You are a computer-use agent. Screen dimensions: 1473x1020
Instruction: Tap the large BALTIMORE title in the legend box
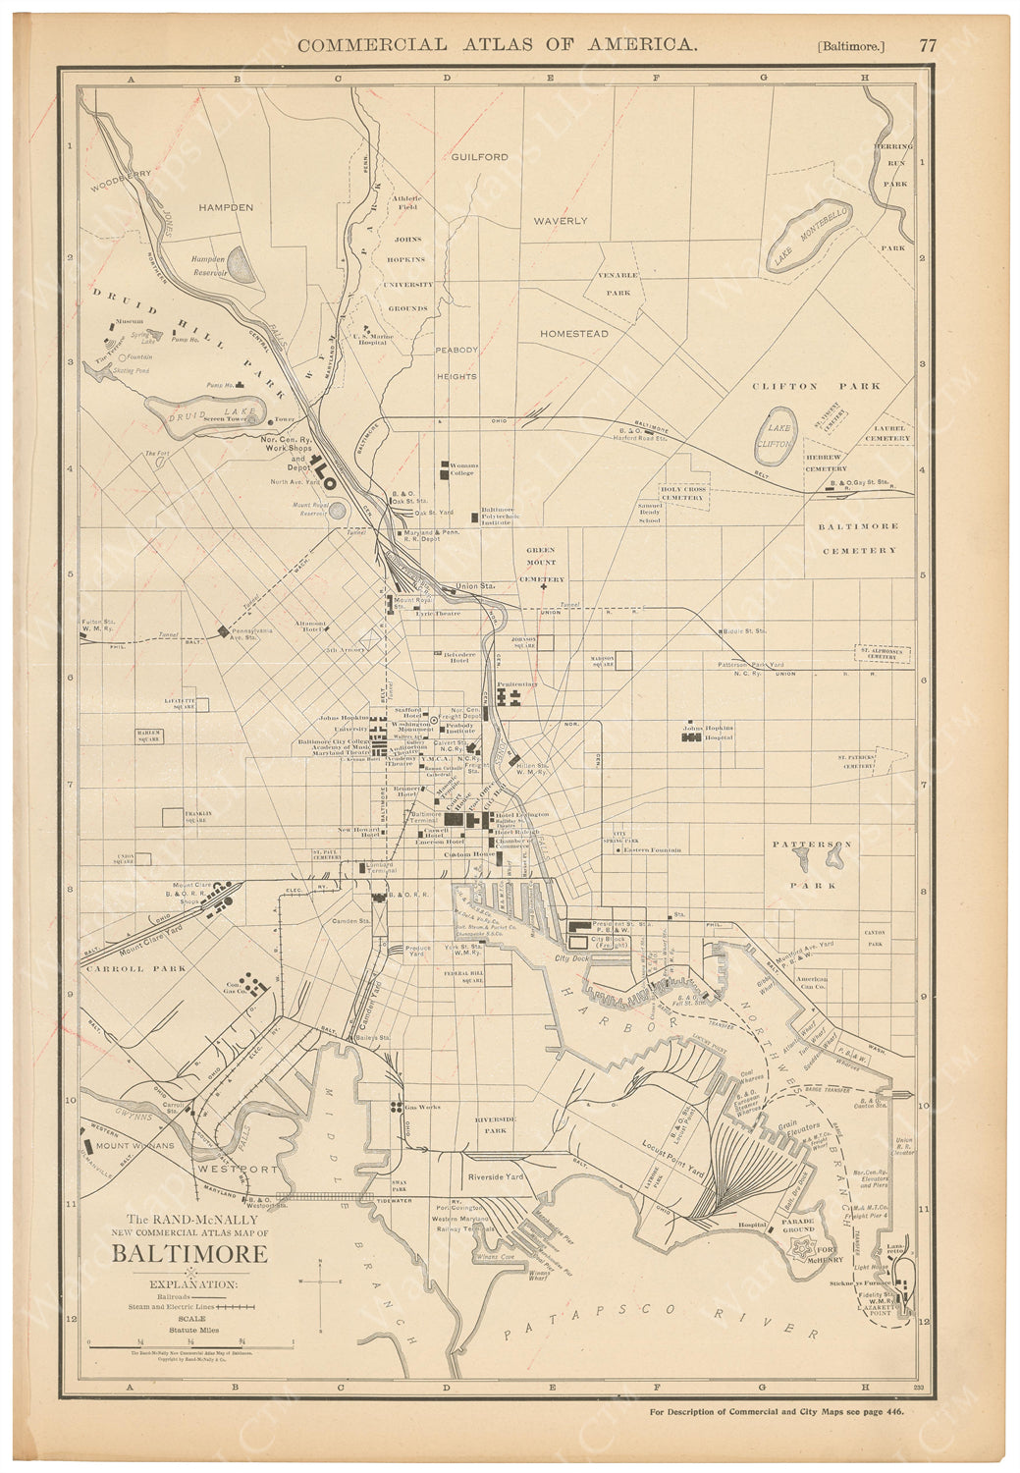tap(189, 1254)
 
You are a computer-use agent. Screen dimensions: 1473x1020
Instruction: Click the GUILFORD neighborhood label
tap(479, 157)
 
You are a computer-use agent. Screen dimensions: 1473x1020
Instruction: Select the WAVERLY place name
tap(560, 222)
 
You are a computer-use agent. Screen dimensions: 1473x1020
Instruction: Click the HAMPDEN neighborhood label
tap(226, 208)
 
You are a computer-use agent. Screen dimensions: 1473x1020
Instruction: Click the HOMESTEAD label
tap(573, 334)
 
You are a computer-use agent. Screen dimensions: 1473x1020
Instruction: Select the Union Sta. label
tap(473, 587)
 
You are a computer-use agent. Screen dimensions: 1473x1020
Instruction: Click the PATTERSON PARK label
tap(812, 864)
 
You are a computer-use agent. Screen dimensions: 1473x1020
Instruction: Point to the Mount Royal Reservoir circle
tap(338, 510)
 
